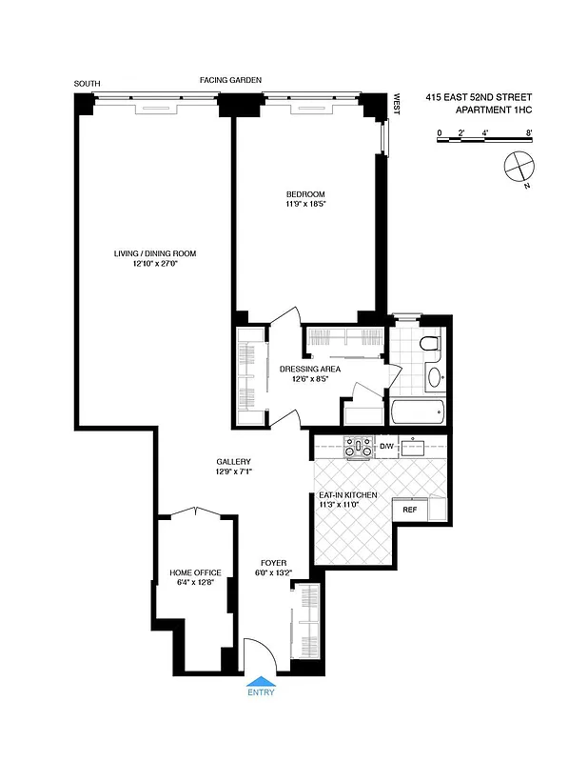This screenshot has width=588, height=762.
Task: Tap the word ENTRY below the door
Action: click(261, 692)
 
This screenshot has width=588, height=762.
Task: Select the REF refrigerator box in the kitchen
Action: click(410, 511)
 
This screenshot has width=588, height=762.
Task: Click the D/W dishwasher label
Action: click(386, 446)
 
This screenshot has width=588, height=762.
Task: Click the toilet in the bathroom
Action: click(430, 344)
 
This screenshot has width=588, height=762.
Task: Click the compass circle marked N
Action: click(517, 166)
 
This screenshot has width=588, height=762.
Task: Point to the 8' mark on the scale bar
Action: click(528, 132)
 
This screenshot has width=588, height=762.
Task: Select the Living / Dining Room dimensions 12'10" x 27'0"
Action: click(155, 264)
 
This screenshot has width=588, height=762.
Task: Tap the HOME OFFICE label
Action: click(195, 572)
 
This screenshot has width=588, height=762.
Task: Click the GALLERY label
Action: click(232, 461)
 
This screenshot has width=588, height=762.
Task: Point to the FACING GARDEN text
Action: click(230, 80)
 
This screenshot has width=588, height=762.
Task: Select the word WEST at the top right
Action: click(397, 104)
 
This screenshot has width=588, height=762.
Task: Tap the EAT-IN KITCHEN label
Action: click(348, 495)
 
